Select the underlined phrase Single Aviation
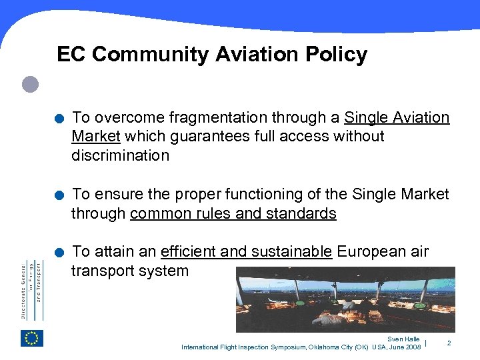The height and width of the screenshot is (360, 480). [397, 118]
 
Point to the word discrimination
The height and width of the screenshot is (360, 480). [121, 155]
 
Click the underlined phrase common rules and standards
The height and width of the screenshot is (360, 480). [233, 213]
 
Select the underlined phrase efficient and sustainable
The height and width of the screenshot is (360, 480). [247, 252]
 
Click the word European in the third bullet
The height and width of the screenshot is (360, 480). [369, 252]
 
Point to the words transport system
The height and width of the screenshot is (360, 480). [130, 271]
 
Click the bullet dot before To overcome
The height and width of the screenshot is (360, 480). [60, 119]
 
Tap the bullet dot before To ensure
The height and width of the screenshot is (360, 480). [60, 196]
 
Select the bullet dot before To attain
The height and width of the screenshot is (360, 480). [60, 253]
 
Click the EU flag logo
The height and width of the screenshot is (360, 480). [31, 338]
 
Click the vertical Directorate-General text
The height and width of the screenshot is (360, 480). [31, 289]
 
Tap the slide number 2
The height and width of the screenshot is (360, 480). [449, 343]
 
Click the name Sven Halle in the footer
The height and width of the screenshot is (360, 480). [403, 339]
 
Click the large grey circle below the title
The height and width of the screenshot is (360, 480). [30, 84]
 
